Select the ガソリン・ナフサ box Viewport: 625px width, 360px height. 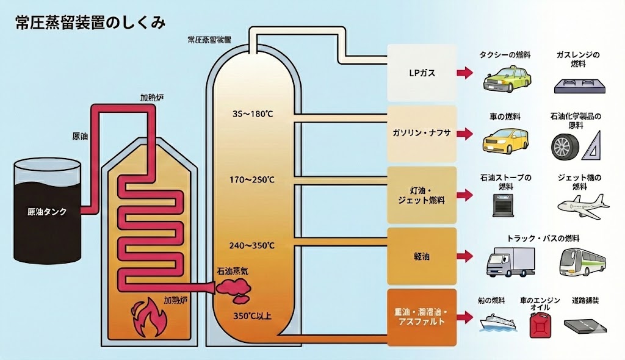[x=422, y=133]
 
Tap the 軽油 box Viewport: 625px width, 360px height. [x=422, y=256]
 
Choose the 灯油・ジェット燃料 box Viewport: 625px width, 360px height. [x=422, y=195]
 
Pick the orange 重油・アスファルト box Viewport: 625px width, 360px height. [x=422, y=317]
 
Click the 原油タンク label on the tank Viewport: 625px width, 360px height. [x=48, y=212]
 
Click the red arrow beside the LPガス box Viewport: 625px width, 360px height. [x=465, y=73]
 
